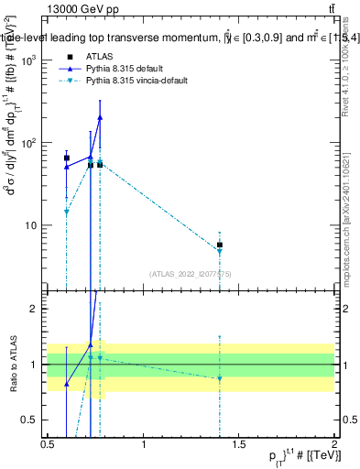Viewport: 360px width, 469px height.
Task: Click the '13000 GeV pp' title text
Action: [x=77, y=8]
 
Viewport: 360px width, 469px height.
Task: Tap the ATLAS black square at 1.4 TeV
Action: [x=220, y=245]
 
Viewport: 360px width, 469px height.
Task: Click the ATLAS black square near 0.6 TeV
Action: [x=67, y=158]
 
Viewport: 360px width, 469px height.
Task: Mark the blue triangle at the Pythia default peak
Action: [x=100, y=117]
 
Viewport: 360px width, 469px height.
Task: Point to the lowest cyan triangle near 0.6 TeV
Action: [x=67, y=212]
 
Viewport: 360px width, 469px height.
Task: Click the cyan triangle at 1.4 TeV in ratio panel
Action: [x=220, y=378]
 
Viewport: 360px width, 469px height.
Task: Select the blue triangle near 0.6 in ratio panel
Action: [x=67, y=384]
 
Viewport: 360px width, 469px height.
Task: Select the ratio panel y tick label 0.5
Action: [x=31, y=420]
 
